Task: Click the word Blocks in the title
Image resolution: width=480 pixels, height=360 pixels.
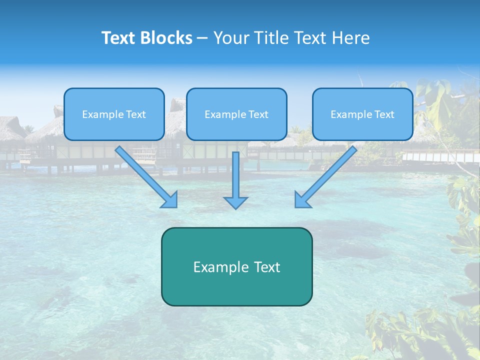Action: pos(166,38)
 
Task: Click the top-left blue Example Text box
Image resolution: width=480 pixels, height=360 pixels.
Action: pos(114,114)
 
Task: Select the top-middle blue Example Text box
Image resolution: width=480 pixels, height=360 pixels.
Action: pos(236,114)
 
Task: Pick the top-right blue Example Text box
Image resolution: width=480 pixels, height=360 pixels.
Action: pos(362,114)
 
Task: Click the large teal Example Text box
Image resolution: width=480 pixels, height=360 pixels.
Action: pos(236,266)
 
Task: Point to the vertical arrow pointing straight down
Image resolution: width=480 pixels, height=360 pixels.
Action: pos(236,180)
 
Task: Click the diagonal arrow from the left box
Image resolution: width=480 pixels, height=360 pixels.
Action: pos(146,176)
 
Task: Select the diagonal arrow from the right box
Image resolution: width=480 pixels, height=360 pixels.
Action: pos(326,176)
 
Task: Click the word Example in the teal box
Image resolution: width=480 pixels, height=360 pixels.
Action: pos(220,267)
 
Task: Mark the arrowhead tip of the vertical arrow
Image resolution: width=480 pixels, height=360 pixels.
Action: pos(236,207)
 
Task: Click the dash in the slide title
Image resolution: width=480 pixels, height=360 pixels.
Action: pos(202,38)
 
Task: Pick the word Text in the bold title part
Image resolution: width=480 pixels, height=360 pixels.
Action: pos(119,38)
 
